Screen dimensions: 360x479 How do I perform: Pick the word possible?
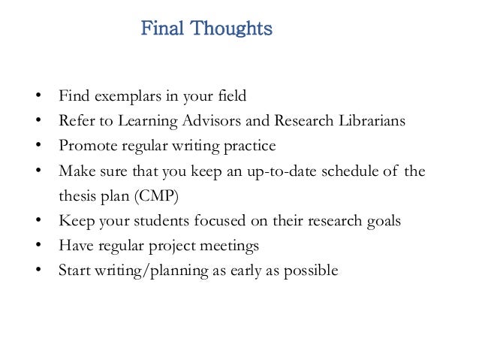point(315,270)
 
